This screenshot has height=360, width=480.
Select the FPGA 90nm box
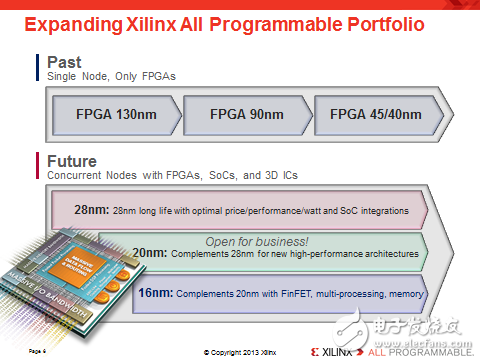[247, 113]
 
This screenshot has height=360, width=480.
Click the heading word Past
[64, 63]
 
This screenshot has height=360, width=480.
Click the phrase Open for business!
[258, 240]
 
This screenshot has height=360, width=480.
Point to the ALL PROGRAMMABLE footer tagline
[419, 351]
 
